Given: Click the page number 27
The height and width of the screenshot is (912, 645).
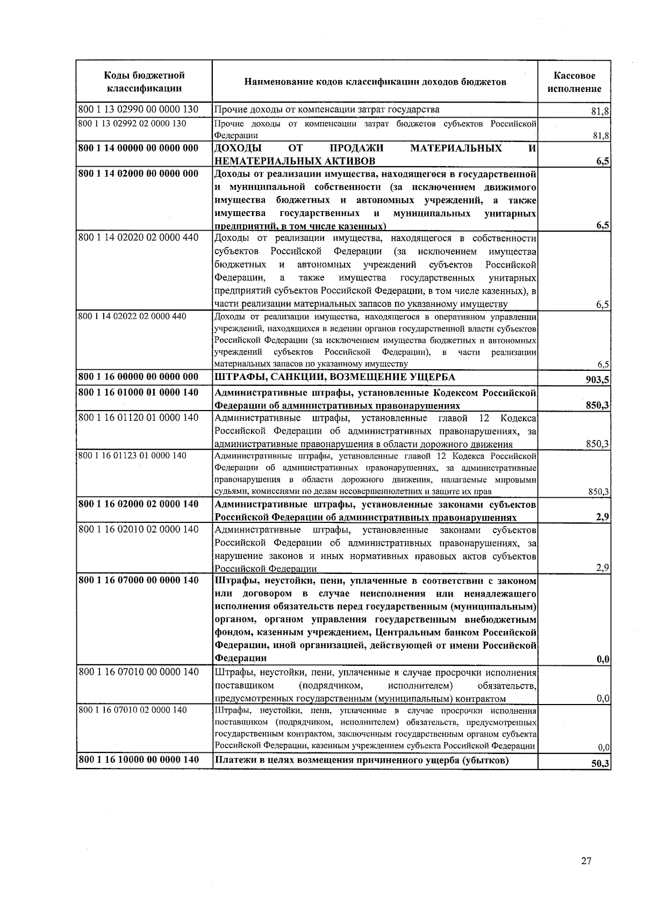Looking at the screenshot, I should pyautogui.click(x=586, y=861).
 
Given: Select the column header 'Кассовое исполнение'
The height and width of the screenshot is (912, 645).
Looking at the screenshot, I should pyautogui.click(x=574, y=82).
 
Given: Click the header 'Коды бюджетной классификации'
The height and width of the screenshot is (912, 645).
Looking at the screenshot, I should pyautogui.click(x=144, y=82).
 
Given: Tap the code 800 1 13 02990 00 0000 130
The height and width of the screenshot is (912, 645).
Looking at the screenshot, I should pyautogui.click(x=138, y=110).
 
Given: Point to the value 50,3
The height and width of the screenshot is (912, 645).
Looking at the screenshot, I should pyautogui.click(x=600, y=764).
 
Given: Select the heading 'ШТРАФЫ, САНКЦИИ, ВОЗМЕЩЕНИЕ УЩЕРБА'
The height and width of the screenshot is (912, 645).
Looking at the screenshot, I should pyautogui.click(x=334, y=377).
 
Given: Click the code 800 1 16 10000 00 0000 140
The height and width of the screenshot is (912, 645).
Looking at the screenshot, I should pyautogui.click(x=138, y=759).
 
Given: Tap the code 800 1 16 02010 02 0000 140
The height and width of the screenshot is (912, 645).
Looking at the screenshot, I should pyautogui.click(x=138, y=529).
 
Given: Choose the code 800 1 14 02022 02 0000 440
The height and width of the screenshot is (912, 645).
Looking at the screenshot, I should pyautogui.click(x=132, y=316).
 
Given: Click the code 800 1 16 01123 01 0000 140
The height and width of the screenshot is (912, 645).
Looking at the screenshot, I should pyautogui.click(x=132, y=456).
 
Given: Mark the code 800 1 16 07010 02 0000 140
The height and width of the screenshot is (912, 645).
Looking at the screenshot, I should pyautogui.click(x=132, y=710).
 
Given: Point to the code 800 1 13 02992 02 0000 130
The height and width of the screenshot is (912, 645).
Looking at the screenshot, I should pyautogui.click(x=132, y=124).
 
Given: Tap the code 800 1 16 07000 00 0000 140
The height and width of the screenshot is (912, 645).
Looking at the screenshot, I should pyautogui.click(x=138, y=580).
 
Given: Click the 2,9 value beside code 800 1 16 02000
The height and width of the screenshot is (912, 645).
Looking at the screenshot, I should pyautogui.click(x=603, y=517).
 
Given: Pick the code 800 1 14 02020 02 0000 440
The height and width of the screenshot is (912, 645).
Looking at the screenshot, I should pyautogui.click(x=138, y=238).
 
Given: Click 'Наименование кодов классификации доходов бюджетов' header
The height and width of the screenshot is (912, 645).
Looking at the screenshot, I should pyautogui.click(x=375, y=82).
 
